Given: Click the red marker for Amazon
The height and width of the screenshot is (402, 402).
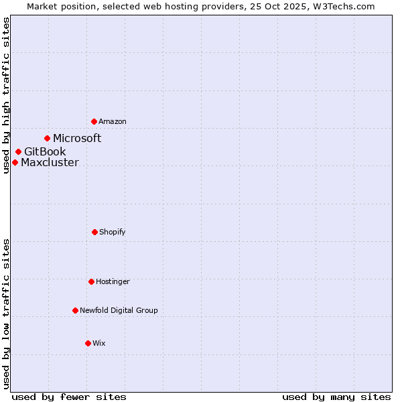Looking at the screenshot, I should [x=94, y=121].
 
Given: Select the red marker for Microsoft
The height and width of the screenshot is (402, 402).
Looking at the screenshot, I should [x=47, y=138].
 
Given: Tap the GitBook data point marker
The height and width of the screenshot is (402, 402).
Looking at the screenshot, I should [x=18, y=151].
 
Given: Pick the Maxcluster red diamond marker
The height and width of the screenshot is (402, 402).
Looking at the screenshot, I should [x=15, y=162].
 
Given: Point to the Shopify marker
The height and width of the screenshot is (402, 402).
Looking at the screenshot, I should [x=94, y=232].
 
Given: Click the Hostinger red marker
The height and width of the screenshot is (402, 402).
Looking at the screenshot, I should [x=91, y=281].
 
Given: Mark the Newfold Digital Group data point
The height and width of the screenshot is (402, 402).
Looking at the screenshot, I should [x=75, y=310].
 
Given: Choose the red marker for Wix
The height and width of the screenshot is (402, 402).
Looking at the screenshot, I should [x=88, y=343].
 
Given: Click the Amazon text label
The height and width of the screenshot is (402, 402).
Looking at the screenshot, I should [x=113, y=121].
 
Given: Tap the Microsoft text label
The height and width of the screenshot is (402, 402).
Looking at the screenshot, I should [x=77, y=138].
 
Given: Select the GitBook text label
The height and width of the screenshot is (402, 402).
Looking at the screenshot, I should [x=45, y=151].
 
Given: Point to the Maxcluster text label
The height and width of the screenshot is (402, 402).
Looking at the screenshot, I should [x=50, y=162].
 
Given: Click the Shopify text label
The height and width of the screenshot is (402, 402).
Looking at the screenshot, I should [x=113, y=232].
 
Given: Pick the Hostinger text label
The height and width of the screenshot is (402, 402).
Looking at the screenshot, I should [x=113, y=281].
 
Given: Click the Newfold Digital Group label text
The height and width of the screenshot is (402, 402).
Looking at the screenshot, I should [x=119, y=310].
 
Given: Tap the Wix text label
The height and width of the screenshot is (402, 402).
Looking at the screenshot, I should [x=99, y=343].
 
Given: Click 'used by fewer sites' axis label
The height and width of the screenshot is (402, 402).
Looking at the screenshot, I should [x=69, y=397].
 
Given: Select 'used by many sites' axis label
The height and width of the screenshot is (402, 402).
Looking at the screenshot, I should [x=336, y=397].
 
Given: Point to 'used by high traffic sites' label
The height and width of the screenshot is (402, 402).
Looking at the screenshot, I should [x=6, y=95].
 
